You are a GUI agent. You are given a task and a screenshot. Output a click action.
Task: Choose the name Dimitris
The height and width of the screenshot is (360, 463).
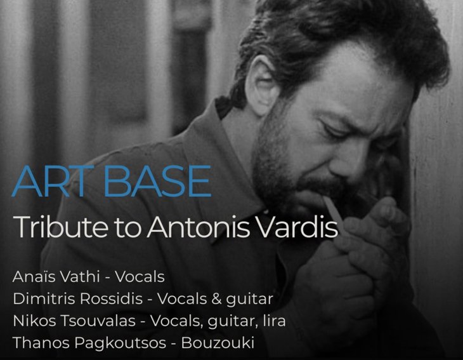pyautogui.click(x=40, y=299)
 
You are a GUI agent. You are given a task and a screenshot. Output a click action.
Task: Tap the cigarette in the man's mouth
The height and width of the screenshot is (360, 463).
pyautogui.click(x=333, y=206)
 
